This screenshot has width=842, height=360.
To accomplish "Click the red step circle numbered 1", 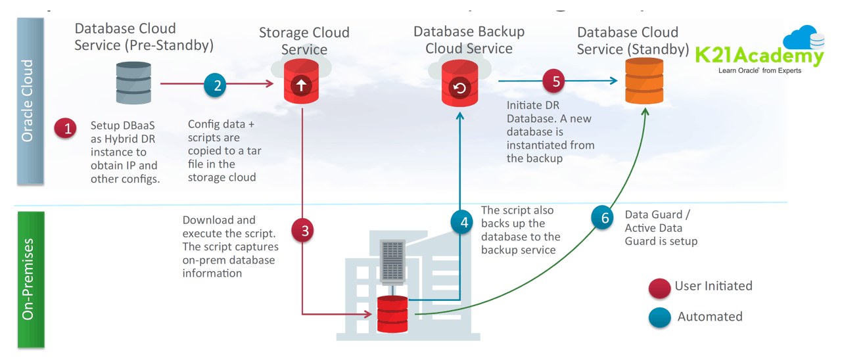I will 66,128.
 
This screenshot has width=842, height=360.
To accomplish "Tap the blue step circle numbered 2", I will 215,84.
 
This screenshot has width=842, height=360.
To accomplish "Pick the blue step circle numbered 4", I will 463,222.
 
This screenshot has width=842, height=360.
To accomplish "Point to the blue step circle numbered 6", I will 603,217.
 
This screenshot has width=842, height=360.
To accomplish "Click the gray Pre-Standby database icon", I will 133,83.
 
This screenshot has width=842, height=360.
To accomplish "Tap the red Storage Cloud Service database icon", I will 301,83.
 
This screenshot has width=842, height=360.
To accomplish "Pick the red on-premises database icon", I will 392,314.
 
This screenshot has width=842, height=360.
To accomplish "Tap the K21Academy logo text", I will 759,56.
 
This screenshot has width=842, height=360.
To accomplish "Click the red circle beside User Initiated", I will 659,287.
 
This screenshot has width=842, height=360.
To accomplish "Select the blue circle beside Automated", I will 659,317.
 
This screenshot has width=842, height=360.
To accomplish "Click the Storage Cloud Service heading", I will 304,41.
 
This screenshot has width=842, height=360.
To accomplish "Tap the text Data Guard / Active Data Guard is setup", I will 660,228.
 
